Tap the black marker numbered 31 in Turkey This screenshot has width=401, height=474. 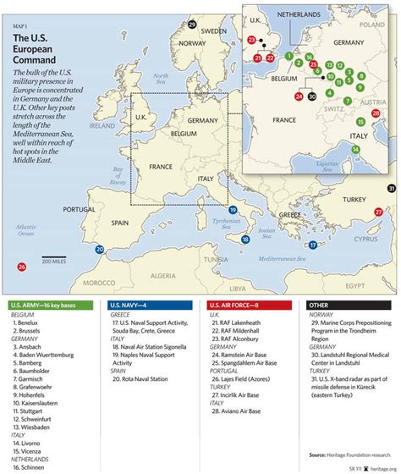click(x=390, y=188)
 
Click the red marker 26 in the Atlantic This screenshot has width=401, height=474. click(x=21, y=267)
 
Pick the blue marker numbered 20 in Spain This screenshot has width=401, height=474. click(x=101, y=250)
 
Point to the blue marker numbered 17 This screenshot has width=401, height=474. click(x=312, y=245)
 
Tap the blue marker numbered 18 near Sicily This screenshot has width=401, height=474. click(x=244, y=240)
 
